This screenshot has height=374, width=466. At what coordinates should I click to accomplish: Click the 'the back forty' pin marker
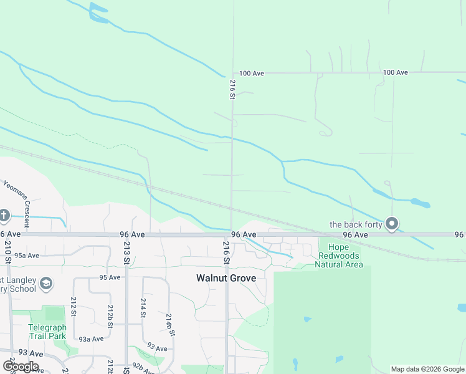[392, 223]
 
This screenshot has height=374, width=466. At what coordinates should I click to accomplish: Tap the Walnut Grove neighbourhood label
[226, 278]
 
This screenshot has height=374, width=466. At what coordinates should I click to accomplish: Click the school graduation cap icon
[45, 284]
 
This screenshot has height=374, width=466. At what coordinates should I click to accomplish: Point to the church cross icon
[4, 216]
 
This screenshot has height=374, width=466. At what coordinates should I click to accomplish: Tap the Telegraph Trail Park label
[47, 332]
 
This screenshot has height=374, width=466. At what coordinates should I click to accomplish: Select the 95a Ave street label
[27, 256]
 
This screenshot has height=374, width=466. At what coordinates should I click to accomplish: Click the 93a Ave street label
[91, 339]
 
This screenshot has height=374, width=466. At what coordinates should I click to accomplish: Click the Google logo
[21, 367]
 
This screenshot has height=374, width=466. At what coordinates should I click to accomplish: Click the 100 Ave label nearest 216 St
[252, 74]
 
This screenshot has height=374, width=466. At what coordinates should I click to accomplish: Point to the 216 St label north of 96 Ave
[232, 89]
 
